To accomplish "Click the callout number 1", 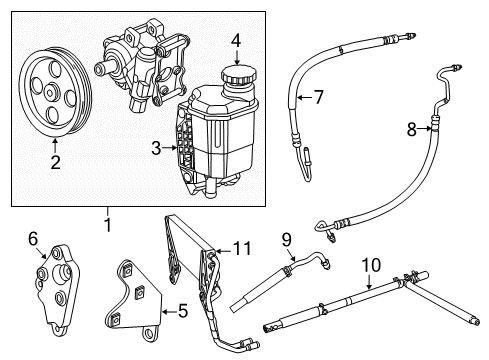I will pyautogui.click(x=106, y=227).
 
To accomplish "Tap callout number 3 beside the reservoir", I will pyautogui.click(x=155, y=148).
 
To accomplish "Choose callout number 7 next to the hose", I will pyautogui.click(x=319, y=97).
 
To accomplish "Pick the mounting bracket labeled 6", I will pyautogui.click(x=54, y=285).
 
